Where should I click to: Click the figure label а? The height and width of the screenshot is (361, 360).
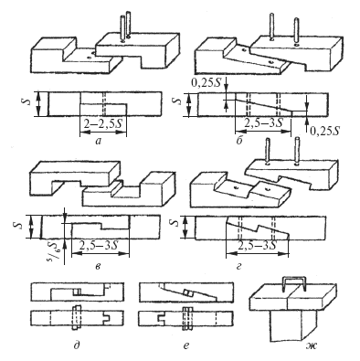tap(98, 141)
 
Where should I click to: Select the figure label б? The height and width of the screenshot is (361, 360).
tap(239, 141)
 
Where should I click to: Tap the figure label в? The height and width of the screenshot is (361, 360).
tap(98, 267)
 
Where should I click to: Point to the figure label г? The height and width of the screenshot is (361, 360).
tap(239, 267)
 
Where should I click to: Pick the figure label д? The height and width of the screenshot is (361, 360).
tap(77, 345)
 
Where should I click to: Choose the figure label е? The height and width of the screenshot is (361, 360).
tap(186, 345)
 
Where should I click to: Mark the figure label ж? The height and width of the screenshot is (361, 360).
tap(312, 345)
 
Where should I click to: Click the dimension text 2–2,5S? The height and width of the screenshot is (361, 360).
tap(103, 124)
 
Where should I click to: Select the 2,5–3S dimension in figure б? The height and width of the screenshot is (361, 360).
tap(263, 123)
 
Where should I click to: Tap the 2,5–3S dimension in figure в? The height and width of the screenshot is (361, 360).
tap(99, 245)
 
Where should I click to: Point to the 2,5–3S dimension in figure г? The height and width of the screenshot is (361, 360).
tap(257, 245)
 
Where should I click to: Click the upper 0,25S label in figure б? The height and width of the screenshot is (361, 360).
tap(206, 82)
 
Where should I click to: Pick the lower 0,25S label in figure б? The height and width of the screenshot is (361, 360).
tap(324, 132)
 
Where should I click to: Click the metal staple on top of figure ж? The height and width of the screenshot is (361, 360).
tap(294, 284)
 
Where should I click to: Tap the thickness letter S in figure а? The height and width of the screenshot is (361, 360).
tap(28, 101)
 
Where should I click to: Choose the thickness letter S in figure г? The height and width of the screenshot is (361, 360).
tap(175, 223)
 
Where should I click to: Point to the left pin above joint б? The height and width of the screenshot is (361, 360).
tap(270, 26)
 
